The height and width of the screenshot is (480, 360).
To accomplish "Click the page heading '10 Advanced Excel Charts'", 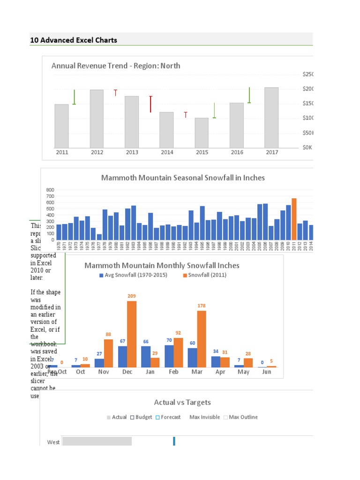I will point(74,40).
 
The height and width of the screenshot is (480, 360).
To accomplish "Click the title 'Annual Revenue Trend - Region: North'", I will point(115,66).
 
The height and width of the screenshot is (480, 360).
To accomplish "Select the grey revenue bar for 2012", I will point(97,119).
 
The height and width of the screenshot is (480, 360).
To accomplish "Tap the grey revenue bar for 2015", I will point(202,133).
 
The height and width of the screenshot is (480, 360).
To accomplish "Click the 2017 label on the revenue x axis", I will point(271,152).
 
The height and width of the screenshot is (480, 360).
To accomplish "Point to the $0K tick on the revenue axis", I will point(307,147).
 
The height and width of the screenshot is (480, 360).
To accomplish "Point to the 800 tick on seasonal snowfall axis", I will point(50,190).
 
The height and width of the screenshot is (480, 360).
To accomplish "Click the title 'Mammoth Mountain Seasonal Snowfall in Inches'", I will point(183,178).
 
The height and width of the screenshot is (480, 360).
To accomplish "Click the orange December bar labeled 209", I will point(132,334).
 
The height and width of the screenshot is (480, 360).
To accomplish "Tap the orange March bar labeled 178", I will point(202,338).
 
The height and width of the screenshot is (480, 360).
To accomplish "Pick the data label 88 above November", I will point(108,334).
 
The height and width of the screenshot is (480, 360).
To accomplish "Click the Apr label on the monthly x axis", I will point(220,372).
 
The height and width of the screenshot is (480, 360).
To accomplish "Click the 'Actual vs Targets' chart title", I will point(182,402).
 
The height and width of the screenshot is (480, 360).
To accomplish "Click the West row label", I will point(53,442).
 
